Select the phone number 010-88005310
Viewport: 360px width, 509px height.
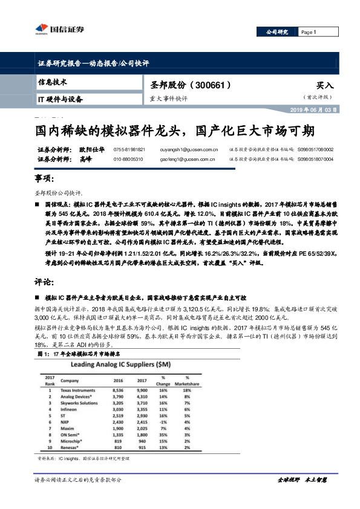(128, 159)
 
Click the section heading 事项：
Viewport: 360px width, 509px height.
(45, 180)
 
